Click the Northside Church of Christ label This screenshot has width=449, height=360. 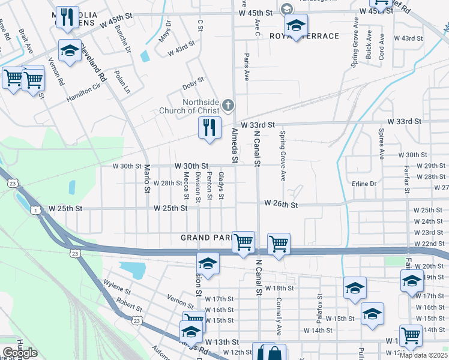[189, 106]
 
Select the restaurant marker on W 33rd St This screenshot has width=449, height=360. [209, 128]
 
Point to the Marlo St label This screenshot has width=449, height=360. [146, 179]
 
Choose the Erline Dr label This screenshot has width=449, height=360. [364, 184]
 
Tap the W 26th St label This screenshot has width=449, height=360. [281, 205]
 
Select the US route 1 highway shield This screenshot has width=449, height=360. [37, 209]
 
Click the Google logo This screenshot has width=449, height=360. [20, 353]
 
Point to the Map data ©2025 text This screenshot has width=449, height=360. [423, 355]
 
